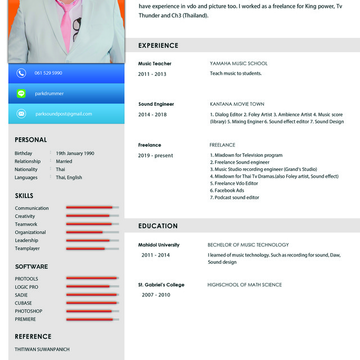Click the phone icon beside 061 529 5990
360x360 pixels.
click(x=21, y=73)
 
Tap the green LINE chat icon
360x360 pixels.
click(x=21, y=93)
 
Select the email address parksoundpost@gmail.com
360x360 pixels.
click(x=64, y=114)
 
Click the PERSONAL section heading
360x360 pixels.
click(x=31, y=139)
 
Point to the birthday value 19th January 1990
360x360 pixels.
click(x=75, y=153)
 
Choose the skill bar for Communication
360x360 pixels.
click(x=92, y=208)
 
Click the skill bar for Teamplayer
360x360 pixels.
click(x=92, y=248)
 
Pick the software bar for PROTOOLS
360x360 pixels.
click(x=92, y=278)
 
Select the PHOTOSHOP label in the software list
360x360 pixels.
click(x=29, y=311)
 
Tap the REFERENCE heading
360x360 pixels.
click(x=33, y=336)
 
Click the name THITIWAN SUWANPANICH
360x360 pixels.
click(x=42, y=349)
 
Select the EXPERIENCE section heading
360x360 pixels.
click(x=158, y=46)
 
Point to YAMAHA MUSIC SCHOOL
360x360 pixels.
click(x=238, y=64)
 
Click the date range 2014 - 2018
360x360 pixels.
click(x=152, y=115)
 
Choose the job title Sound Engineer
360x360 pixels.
click(x=156, y=104)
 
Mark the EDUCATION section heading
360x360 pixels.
click(x=158, y=226)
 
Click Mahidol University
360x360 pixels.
click(x=159, y=245)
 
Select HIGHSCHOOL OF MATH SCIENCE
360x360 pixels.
click(x=245, y=285)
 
